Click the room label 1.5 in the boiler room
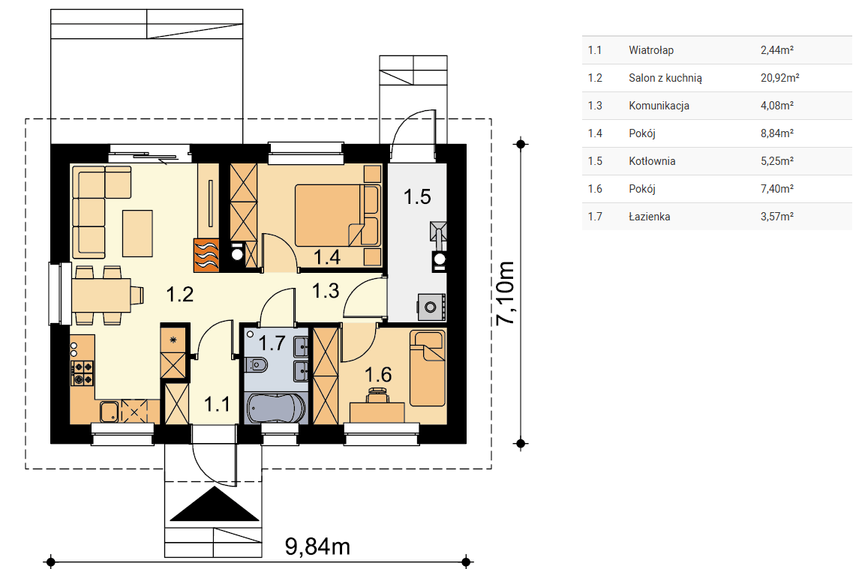[417, 197]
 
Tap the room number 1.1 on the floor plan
[218, 404]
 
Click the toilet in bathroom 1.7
[257, 364]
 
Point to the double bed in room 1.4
[337, 215]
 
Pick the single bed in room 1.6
[427, 368]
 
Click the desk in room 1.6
[377, 412]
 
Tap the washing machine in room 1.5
[431, 307]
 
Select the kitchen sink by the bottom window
[110, 412]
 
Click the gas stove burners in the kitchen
[83, 373]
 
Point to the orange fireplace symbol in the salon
[206, 256]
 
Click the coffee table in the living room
[137, 233]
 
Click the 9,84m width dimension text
[318, 547]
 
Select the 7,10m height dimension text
[506, 293]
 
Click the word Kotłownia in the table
[652, 161]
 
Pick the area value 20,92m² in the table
[780, 78]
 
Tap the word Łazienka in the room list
[649, 216]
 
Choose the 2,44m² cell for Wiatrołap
[777, 50]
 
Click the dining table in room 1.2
[101, 295]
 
